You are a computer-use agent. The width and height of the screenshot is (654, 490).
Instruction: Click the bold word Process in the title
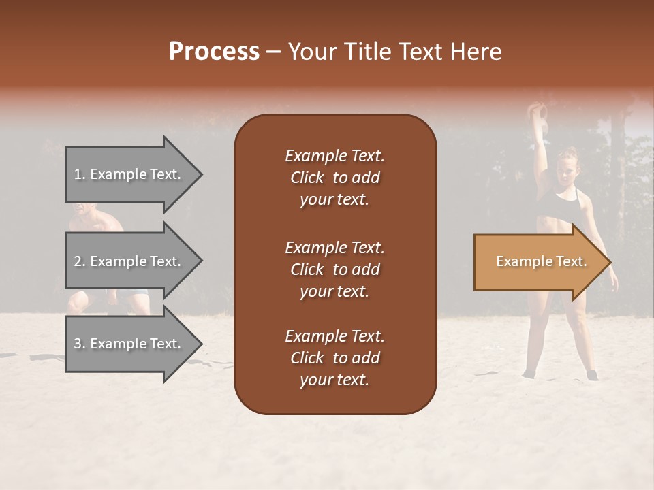click(214, 52)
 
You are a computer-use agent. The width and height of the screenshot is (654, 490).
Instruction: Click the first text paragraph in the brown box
click(334, 178)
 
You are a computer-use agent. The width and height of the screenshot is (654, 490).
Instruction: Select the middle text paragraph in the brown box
click(334, 269)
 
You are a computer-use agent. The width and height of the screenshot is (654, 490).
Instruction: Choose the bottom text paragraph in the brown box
click(334, 358)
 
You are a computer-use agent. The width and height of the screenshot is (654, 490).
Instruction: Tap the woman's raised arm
click(541, 153)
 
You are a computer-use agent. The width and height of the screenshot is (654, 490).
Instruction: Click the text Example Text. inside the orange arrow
click(541, 261)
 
